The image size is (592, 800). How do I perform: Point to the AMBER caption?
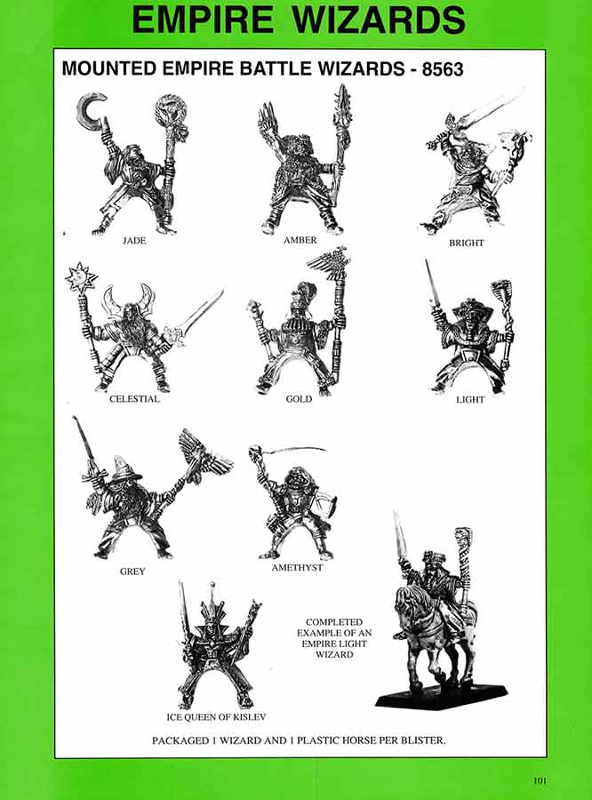click(300, 240)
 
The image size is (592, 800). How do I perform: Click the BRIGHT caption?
click(467, 243)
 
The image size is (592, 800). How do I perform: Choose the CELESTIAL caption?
click(134, 399)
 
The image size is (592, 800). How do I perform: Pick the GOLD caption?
click(299, 399)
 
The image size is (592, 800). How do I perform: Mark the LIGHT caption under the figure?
click(470, 399)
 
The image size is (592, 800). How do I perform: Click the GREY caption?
click(132, 572)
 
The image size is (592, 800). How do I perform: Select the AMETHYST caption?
click(297, 567)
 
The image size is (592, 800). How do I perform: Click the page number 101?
click(540, 781)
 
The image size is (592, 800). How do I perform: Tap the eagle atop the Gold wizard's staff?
click(331, 264)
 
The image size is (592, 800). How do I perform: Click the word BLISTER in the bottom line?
click(417, 739)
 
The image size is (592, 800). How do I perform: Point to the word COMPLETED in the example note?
click(333, 622)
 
